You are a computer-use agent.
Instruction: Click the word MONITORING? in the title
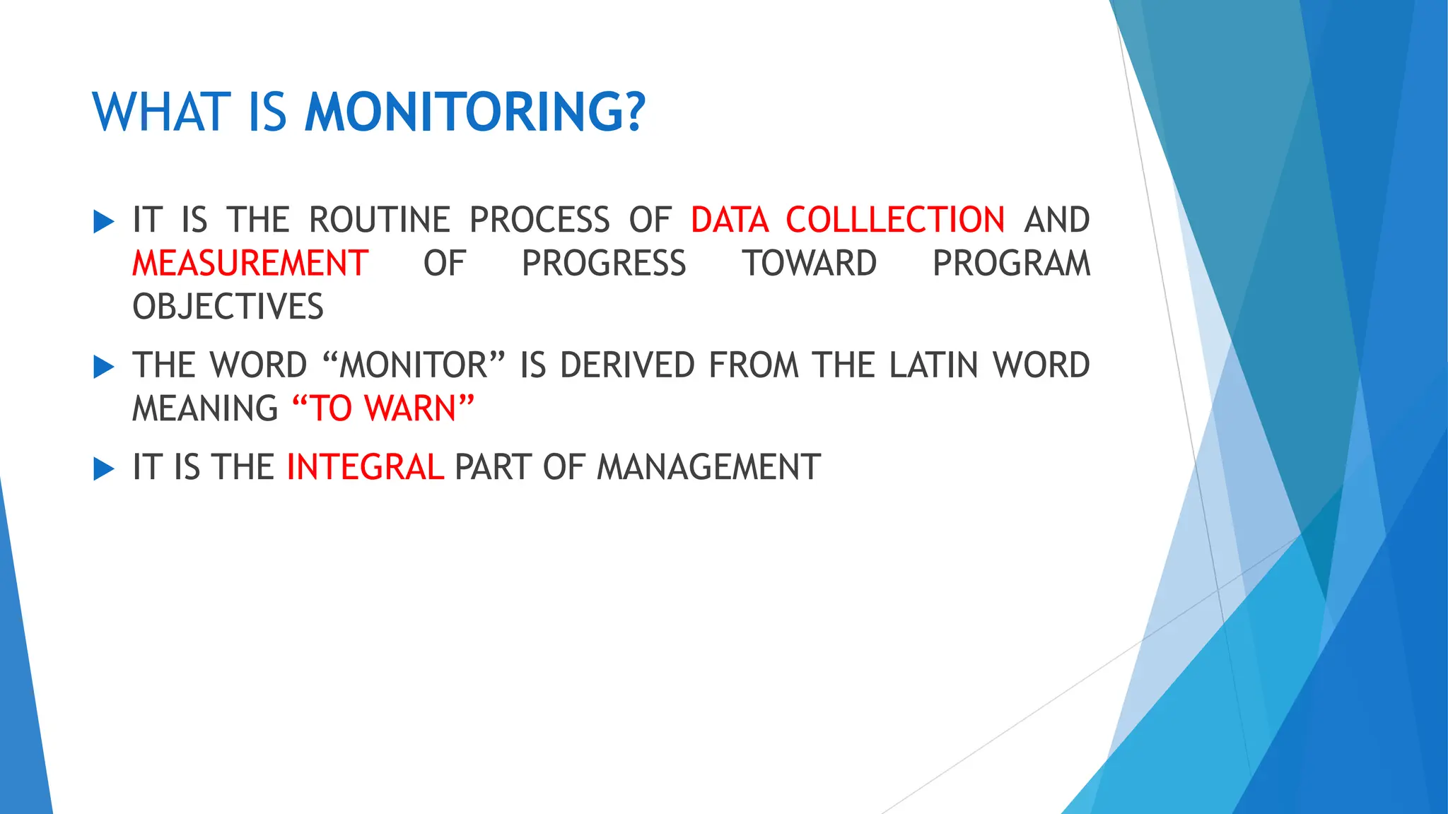point(475,112)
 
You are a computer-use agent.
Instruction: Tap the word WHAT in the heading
point(162,112)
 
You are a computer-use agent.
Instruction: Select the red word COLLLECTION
point(895,220)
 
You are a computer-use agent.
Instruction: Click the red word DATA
point(730,220)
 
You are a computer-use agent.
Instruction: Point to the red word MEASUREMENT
point(250,264)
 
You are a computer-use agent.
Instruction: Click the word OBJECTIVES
point(228,307)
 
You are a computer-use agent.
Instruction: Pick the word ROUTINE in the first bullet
point(380,220)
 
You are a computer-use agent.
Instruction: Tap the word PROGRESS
point(604,264)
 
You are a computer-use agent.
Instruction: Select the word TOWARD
point(810,264)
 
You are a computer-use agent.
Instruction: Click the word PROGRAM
point(1011,264)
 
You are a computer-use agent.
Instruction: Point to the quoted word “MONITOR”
point(414,365)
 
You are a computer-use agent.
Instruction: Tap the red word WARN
point(411,408)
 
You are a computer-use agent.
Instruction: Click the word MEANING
point(205,408)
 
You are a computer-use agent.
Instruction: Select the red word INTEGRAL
point(366,467)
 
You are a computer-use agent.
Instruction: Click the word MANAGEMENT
point(708,467)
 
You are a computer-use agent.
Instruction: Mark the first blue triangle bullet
point(103,222)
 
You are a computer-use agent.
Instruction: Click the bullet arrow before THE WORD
point(103,367)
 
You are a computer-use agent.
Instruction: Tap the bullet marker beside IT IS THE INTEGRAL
point(103,468)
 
